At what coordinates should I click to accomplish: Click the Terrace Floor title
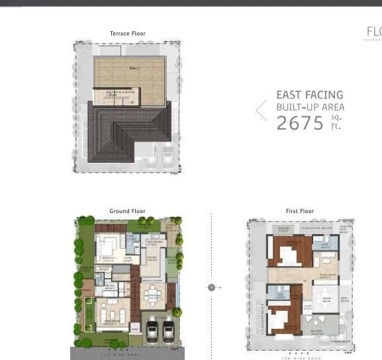coord(128,33)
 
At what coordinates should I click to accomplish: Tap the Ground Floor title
coord(127,211)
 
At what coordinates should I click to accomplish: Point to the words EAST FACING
coord(309,95)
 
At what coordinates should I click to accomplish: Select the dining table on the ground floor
coord(154,292)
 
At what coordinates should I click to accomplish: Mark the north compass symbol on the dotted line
coord(211,287)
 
